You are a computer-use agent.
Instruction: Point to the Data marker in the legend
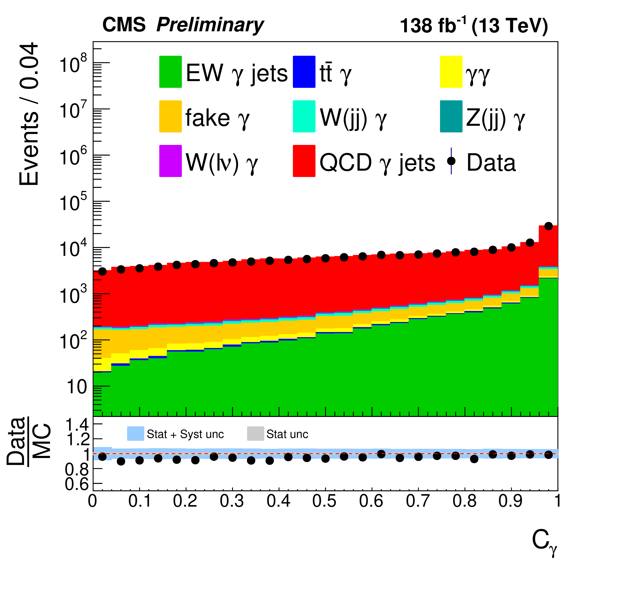tap(451, 161)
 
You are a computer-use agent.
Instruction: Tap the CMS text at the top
tap(124, 25)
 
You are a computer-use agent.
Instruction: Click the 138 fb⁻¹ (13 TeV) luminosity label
tap(474, 25)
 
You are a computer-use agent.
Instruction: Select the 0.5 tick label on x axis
tap(325, 501)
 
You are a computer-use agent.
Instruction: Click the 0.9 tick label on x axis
tap(511, 501)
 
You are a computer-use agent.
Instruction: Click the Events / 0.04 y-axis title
tap(29, 114)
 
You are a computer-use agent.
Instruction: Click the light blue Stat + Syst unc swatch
tap(135, 434)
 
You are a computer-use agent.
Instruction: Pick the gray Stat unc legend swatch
tap(255, 434)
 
